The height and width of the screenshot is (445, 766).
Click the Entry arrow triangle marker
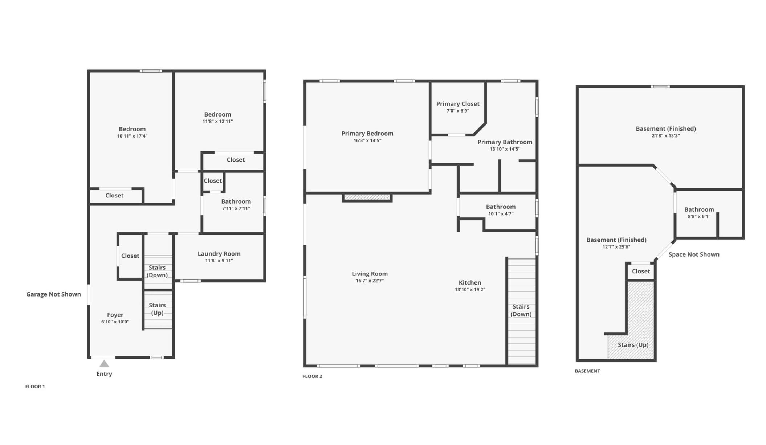point(104,363)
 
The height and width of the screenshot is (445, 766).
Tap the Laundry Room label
point(219,254)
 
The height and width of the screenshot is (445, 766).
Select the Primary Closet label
point(458,104)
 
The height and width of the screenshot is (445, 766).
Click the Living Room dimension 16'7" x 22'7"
point(370,281)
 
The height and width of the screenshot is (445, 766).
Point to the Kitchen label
point(470,282)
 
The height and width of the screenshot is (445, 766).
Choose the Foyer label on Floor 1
point(115,315)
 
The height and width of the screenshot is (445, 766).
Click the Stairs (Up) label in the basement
point(633,345)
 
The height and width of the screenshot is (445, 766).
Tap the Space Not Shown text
point(694,254)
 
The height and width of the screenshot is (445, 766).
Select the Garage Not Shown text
point(53,294)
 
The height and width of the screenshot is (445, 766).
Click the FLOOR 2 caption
point(312,376)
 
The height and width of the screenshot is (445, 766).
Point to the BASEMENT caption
point(587,371)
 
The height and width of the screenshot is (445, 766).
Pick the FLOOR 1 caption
point(35,387)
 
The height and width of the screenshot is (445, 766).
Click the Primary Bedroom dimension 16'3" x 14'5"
point(367,140)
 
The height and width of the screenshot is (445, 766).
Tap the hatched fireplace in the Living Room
point(367,197)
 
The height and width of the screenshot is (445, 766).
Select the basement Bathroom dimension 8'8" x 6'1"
point(699,216)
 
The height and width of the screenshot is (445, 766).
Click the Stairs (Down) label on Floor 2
point(521,310)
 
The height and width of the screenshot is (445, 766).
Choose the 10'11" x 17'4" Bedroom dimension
point(132,136)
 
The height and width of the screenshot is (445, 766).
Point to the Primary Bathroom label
point(505,142)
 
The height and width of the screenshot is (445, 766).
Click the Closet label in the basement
point(641,271)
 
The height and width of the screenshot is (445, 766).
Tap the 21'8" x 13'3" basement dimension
point(665,136)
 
